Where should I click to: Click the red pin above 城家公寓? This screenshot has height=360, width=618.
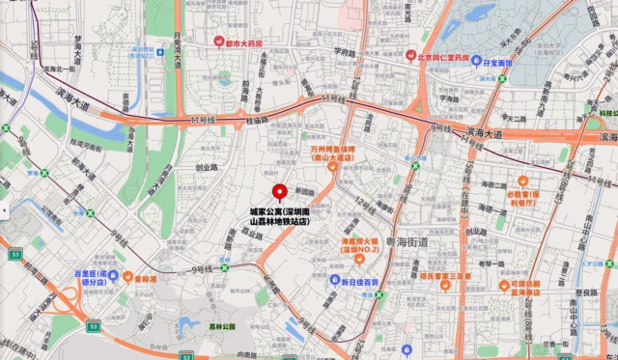click(x=281, y=192)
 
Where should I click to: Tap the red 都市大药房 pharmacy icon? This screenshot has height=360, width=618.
click(x=218, y=42)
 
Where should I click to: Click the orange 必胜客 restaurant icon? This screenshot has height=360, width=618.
click(x=522, y=180)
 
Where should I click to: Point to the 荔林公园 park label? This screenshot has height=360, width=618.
click(x=222, y=326)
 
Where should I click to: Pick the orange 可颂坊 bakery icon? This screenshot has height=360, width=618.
click(x=503, y=285)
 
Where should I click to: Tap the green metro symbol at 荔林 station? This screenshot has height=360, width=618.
click(x=223, y=262)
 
